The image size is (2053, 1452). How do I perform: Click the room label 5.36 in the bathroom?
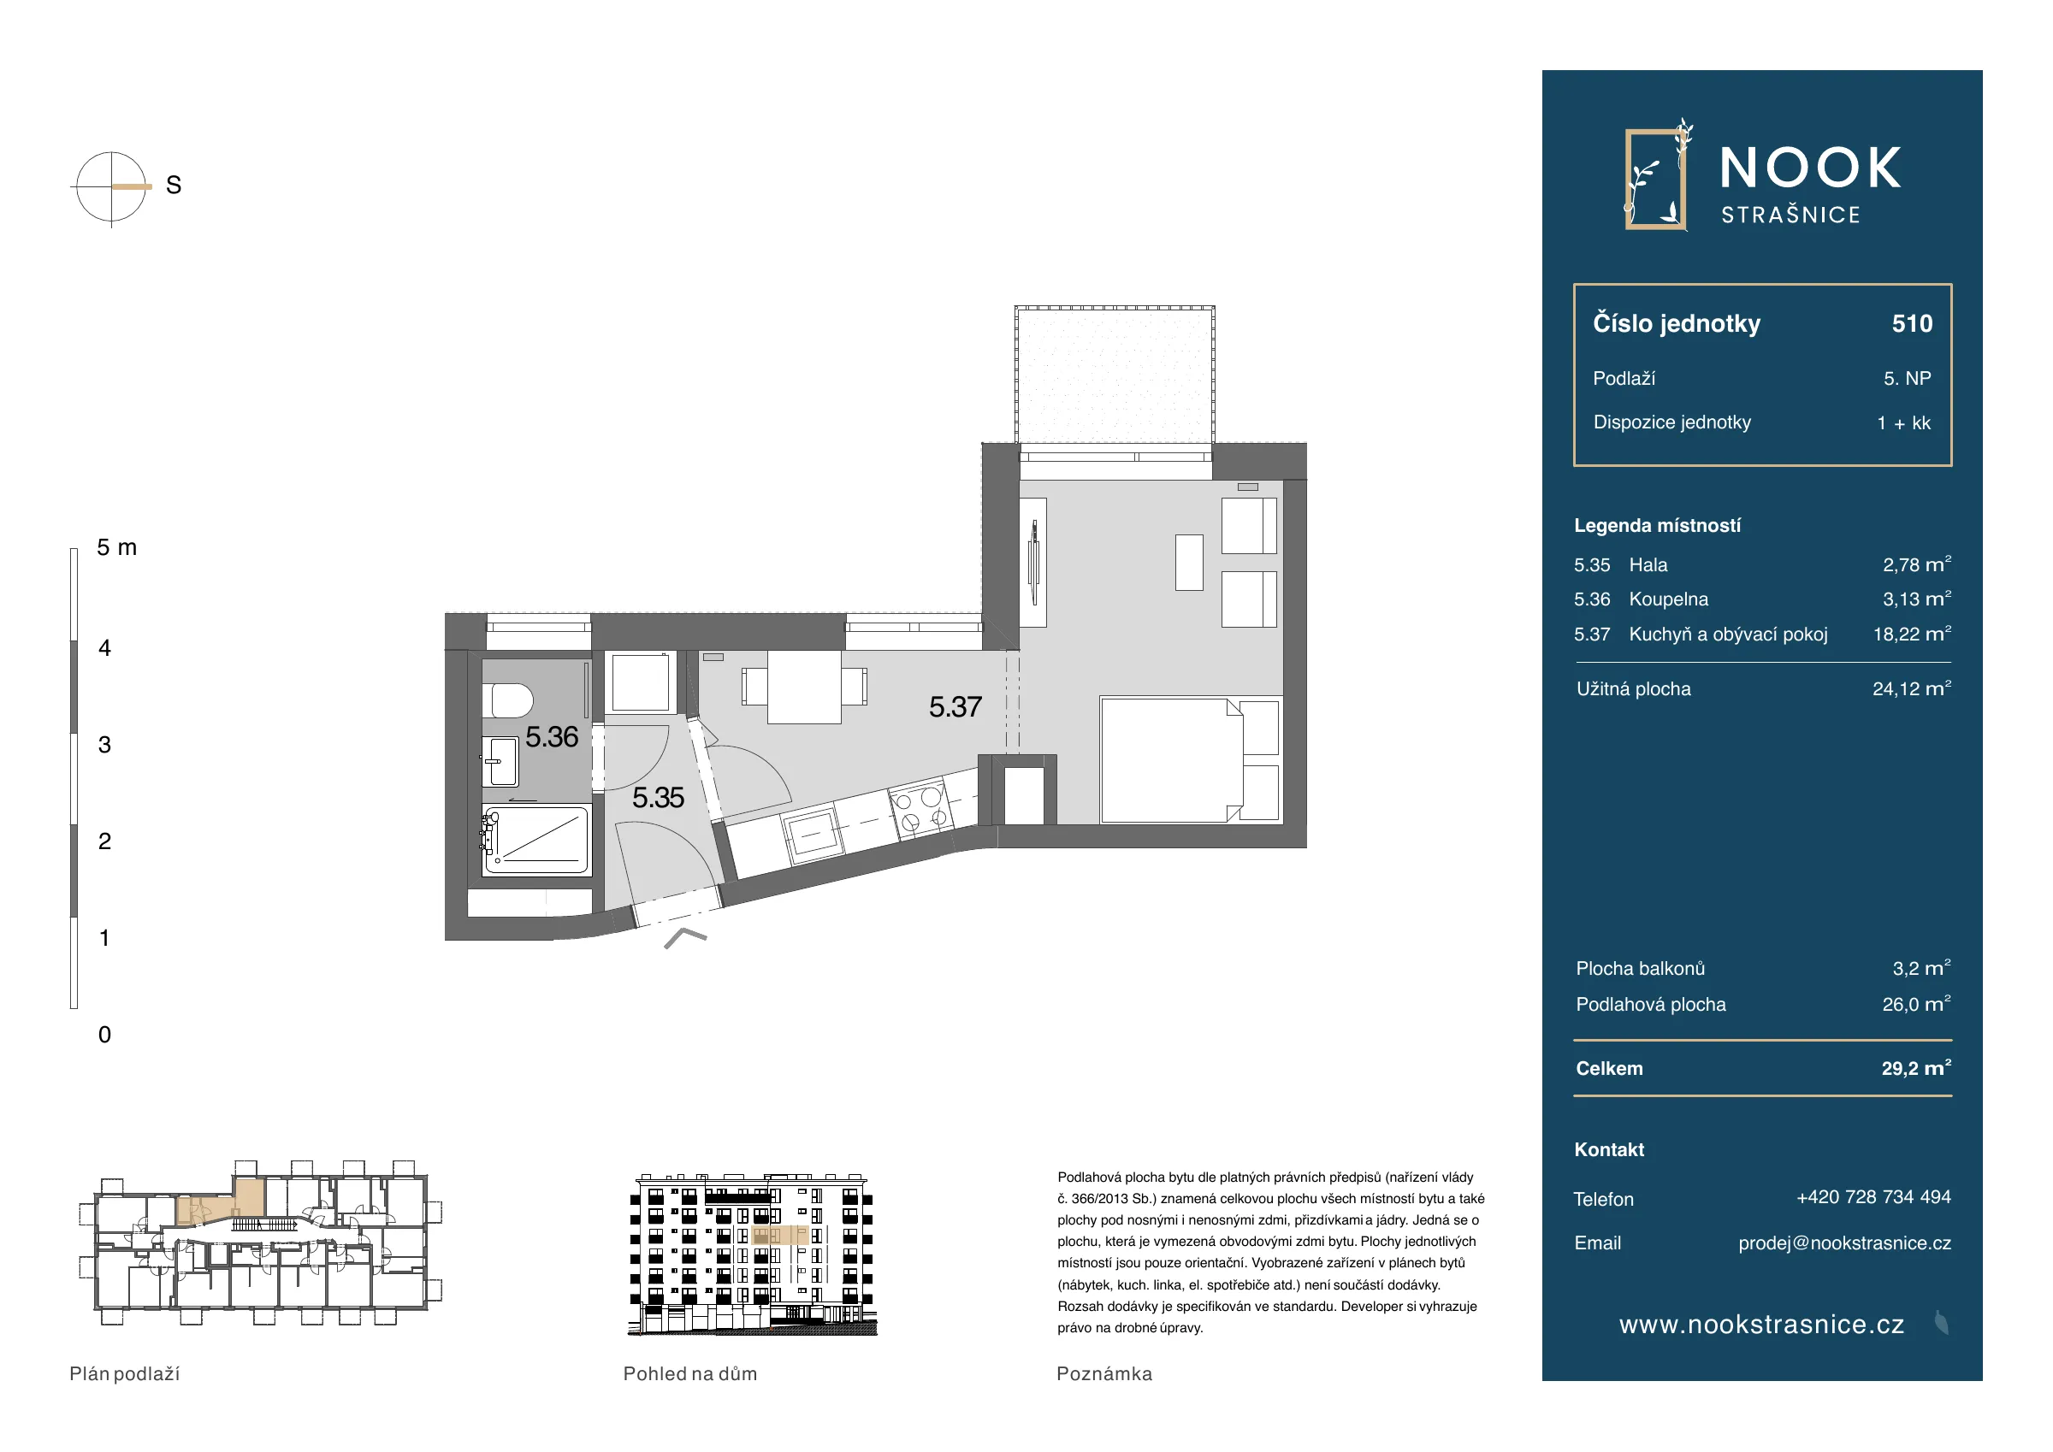pos(552,737)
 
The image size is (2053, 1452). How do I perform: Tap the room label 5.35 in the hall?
pos(658,798)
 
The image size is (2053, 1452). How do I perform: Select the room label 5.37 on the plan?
pos(955,707)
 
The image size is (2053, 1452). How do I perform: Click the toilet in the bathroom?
pos(507,701)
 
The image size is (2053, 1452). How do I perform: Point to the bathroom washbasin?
pos(500,762)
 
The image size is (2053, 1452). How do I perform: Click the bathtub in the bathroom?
pos(535,840)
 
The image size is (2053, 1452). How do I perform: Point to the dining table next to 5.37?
pos(804,687)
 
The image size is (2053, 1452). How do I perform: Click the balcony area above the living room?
pos(1114,375)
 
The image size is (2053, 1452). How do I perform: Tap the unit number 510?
pos(1912,323)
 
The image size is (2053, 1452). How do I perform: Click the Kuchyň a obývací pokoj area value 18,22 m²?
pos(1912,634)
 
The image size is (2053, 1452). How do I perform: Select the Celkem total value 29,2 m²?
pos(1916,1068)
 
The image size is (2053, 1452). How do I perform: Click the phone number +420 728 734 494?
pos(1873,1197)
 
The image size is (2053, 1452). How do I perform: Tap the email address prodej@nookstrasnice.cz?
pos(1844,1243)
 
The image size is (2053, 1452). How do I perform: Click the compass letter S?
pos(174,185)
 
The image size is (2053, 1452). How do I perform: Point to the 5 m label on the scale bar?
pos(117,547)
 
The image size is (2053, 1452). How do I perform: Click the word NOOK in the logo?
pos(1811,168)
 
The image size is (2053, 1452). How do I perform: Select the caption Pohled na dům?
pos(690,1374)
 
